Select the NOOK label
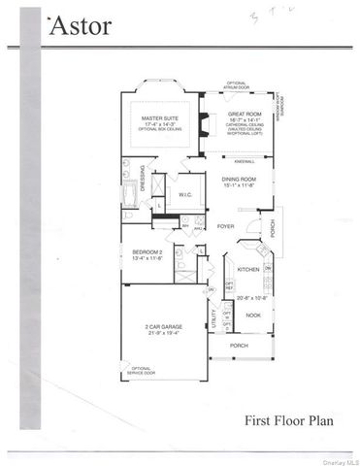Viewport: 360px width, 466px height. (252, 315)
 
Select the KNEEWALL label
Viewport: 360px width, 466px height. (244, 159)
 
